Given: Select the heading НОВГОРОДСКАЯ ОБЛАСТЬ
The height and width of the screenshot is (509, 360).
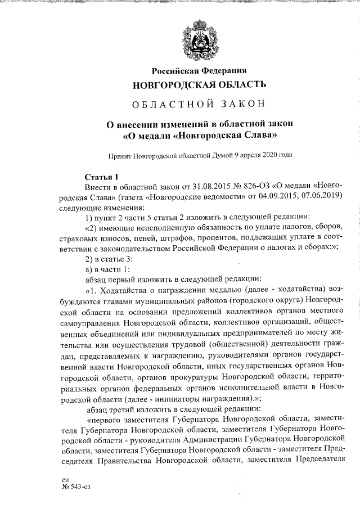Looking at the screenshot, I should click(x=199, y=85).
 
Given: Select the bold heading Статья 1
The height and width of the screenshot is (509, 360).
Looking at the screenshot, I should click(x=102, y=176).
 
